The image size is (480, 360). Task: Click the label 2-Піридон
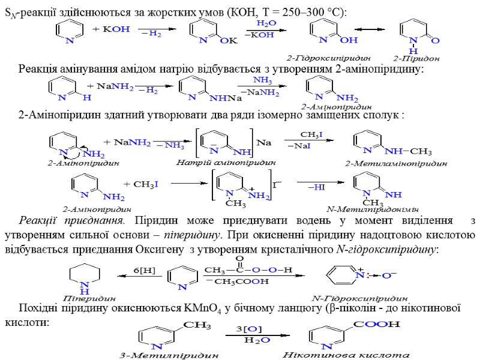click(417, 59)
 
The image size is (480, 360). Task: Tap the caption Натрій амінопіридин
click(226, 162)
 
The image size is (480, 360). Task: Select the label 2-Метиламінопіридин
click(396, 163)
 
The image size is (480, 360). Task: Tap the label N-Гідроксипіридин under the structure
click(360, 298)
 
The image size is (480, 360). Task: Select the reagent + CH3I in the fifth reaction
click(140, 184)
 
